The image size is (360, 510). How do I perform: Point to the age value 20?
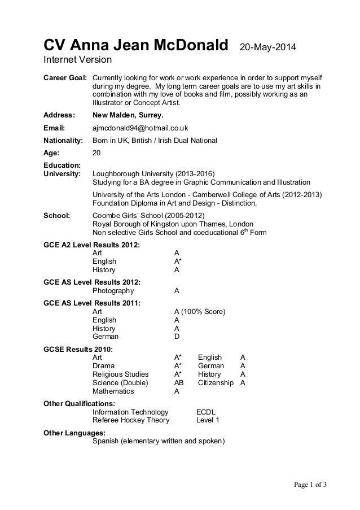coord(96,152)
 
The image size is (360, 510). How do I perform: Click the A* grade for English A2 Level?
coord(178,261)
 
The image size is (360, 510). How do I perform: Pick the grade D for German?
coord(177,337)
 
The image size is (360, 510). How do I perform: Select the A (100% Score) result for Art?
coord(200,312)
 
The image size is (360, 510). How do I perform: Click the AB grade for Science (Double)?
coord(179,382)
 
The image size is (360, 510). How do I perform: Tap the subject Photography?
coord(113,291)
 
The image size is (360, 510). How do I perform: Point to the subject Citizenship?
coord(216,382)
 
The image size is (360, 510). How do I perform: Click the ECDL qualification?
coord(206,412)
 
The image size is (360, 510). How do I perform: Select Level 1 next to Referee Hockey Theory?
coord(208,420)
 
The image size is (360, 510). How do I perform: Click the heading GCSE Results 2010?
coord(78,350)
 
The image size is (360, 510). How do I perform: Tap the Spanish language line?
coord(158,441)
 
